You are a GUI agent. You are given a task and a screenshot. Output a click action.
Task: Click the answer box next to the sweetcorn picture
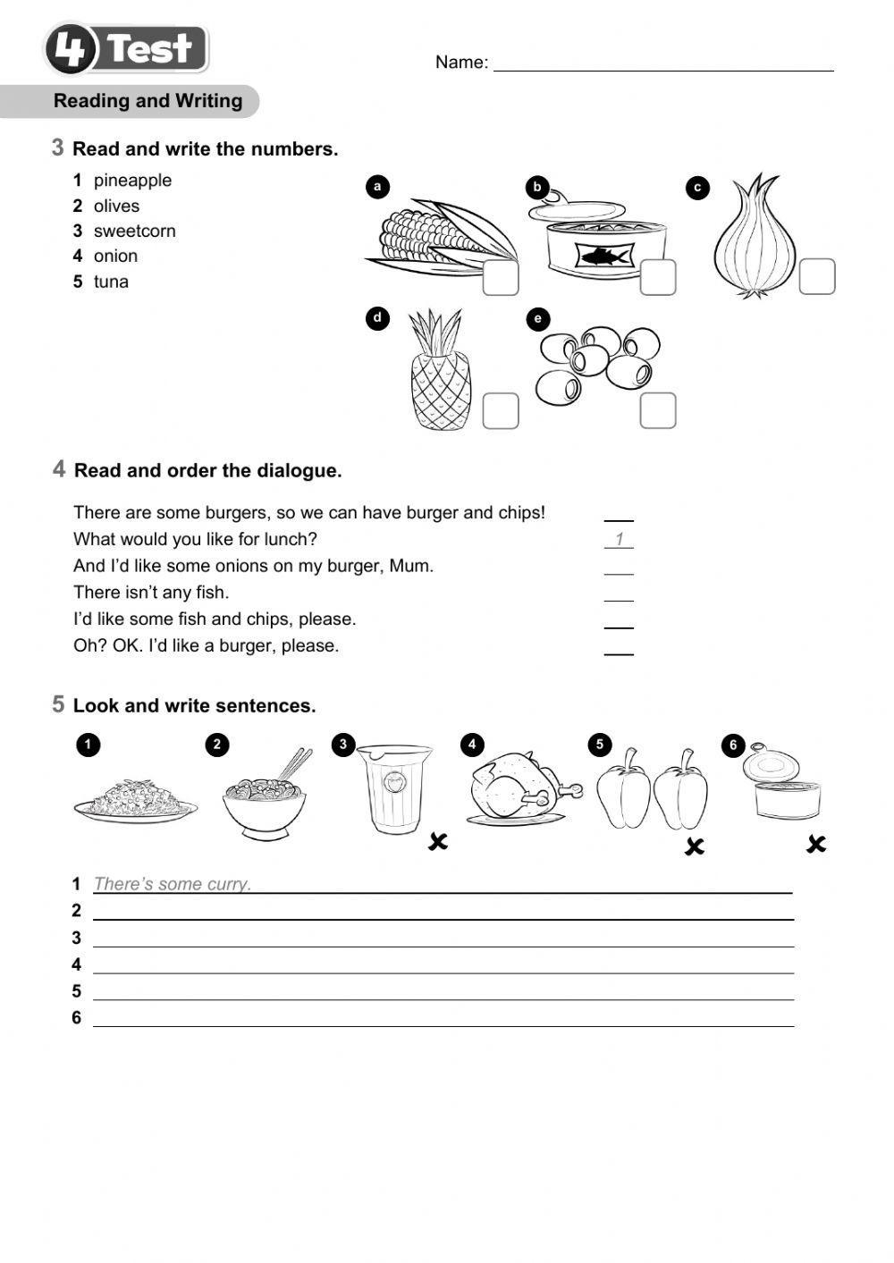[501, 277]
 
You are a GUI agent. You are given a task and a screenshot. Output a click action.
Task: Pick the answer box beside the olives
[658, 410]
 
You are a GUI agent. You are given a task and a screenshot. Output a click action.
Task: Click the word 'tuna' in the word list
[111, 282]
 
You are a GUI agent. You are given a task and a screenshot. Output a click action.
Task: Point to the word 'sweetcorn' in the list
[134, 231]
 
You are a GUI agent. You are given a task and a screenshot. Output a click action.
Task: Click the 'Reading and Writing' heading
[148, 101]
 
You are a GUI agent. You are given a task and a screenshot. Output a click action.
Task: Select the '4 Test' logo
[126, 48]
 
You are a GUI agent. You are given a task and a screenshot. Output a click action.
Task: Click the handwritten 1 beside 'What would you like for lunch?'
[619, 539]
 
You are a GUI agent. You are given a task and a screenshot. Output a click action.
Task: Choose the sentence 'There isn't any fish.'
[151, 592]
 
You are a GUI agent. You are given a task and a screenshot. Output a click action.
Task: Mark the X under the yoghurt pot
[438, 841]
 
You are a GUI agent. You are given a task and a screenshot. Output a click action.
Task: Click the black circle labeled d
[377, 318]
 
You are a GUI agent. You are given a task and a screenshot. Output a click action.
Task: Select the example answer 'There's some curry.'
[173, 884]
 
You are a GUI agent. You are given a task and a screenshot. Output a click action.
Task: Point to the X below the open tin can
[815, 844]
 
